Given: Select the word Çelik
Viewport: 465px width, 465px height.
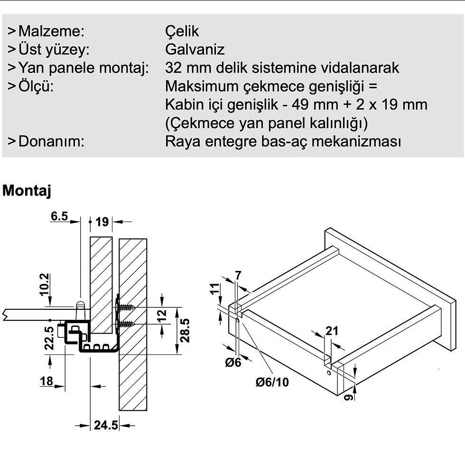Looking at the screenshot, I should [x=182, y=31].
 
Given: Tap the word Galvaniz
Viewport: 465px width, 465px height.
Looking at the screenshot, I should [x=195, y=49].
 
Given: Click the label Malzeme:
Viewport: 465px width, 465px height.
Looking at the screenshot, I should [x=51, y=31].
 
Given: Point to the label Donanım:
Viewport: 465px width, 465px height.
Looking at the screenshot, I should [x=51, y=141].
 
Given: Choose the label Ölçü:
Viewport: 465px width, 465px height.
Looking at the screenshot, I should [x=36, y=86].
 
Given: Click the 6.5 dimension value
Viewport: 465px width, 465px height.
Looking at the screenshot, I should [x=59, y=217].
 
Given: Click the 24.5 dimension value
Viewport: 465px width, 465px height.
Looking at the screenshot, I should [x=105, y=425].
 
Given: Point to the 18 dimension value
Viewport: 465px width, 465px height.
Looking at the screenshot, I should [x=46, y=381].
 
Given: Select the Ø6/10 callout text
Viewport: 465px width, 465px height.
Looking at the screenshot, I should [x=272, y=381].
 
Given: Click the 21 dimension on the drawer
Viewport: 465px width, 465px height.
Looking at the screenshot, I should [x=332, y=331].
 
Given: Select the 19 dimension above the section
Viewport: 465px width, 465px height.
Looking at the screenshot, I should [x=102, y=221].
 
